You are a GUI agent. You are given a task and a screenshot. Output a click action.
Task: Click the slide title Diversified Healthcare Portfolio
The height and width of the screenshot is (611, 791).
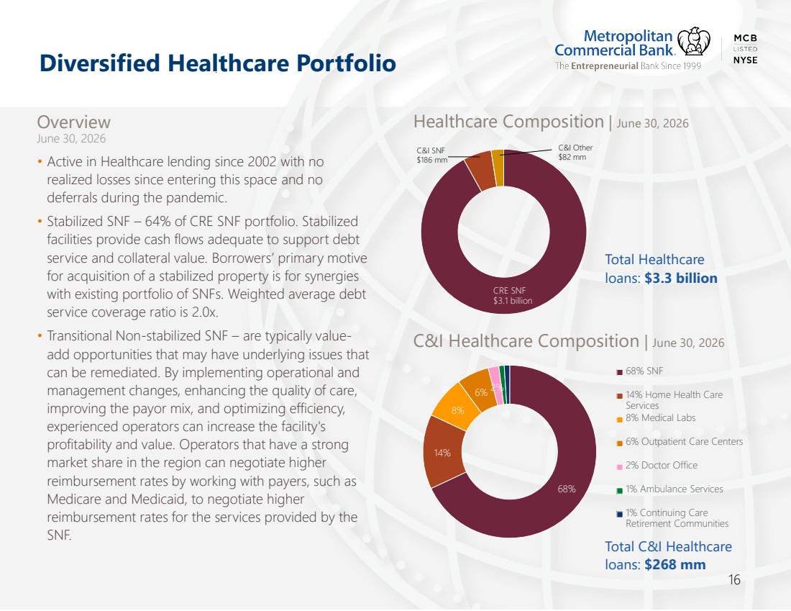point(217,63)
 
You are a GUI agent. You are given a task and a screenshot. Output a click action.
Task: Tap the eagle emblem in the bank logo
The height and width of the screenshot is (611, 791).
point(694,41)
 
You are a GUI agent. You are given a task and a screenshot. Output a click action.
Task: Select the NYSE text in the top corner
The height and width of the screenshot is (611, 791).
point(745,60)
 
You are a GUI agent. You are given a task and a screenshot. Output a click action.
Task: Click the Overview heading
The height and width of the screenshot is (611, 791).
point(73,122)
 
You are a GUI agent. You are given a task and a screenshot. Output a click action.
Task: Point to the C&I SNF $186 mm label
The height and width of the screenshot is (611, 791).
point(432,155)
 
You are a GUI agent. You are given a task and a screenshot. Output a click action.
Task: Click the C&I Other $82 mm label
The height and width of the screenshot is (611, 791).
point(575,152)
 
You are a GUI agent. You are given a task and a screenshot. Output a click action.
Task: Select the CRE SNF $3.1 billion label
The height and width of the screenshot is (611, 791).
point(512,295)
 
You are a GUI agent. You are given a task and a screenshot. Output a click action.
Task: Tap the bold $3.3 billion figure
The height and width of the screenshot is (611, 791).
point(680,279)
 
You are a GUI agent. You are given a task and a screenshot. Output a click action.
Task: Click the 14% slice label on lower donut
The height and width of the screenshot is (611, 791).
point(442,453)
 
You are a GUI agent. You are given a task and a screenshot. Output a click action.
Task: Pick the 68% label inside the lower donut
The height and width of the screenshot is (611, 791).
point(567,489)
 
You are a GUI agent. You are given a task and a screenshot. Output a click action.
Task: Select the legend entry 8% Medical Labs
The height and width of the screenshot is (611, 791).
point(656,418)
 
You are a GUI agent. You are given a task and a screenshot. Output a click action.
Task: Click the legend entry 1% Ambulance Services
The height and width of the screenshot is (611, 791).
point(669,489)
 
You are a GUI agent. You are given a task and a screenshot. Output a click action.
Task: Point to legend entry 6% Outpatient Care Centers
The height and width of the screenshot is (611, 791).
point(680,442)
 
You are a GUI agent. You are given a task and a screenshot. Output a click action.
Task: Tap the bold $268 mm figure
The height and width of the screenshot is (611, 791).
point(675,564)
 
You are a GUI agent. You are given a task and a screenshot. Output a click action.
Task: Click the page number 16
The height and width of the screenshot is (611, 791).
point(734,579)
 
